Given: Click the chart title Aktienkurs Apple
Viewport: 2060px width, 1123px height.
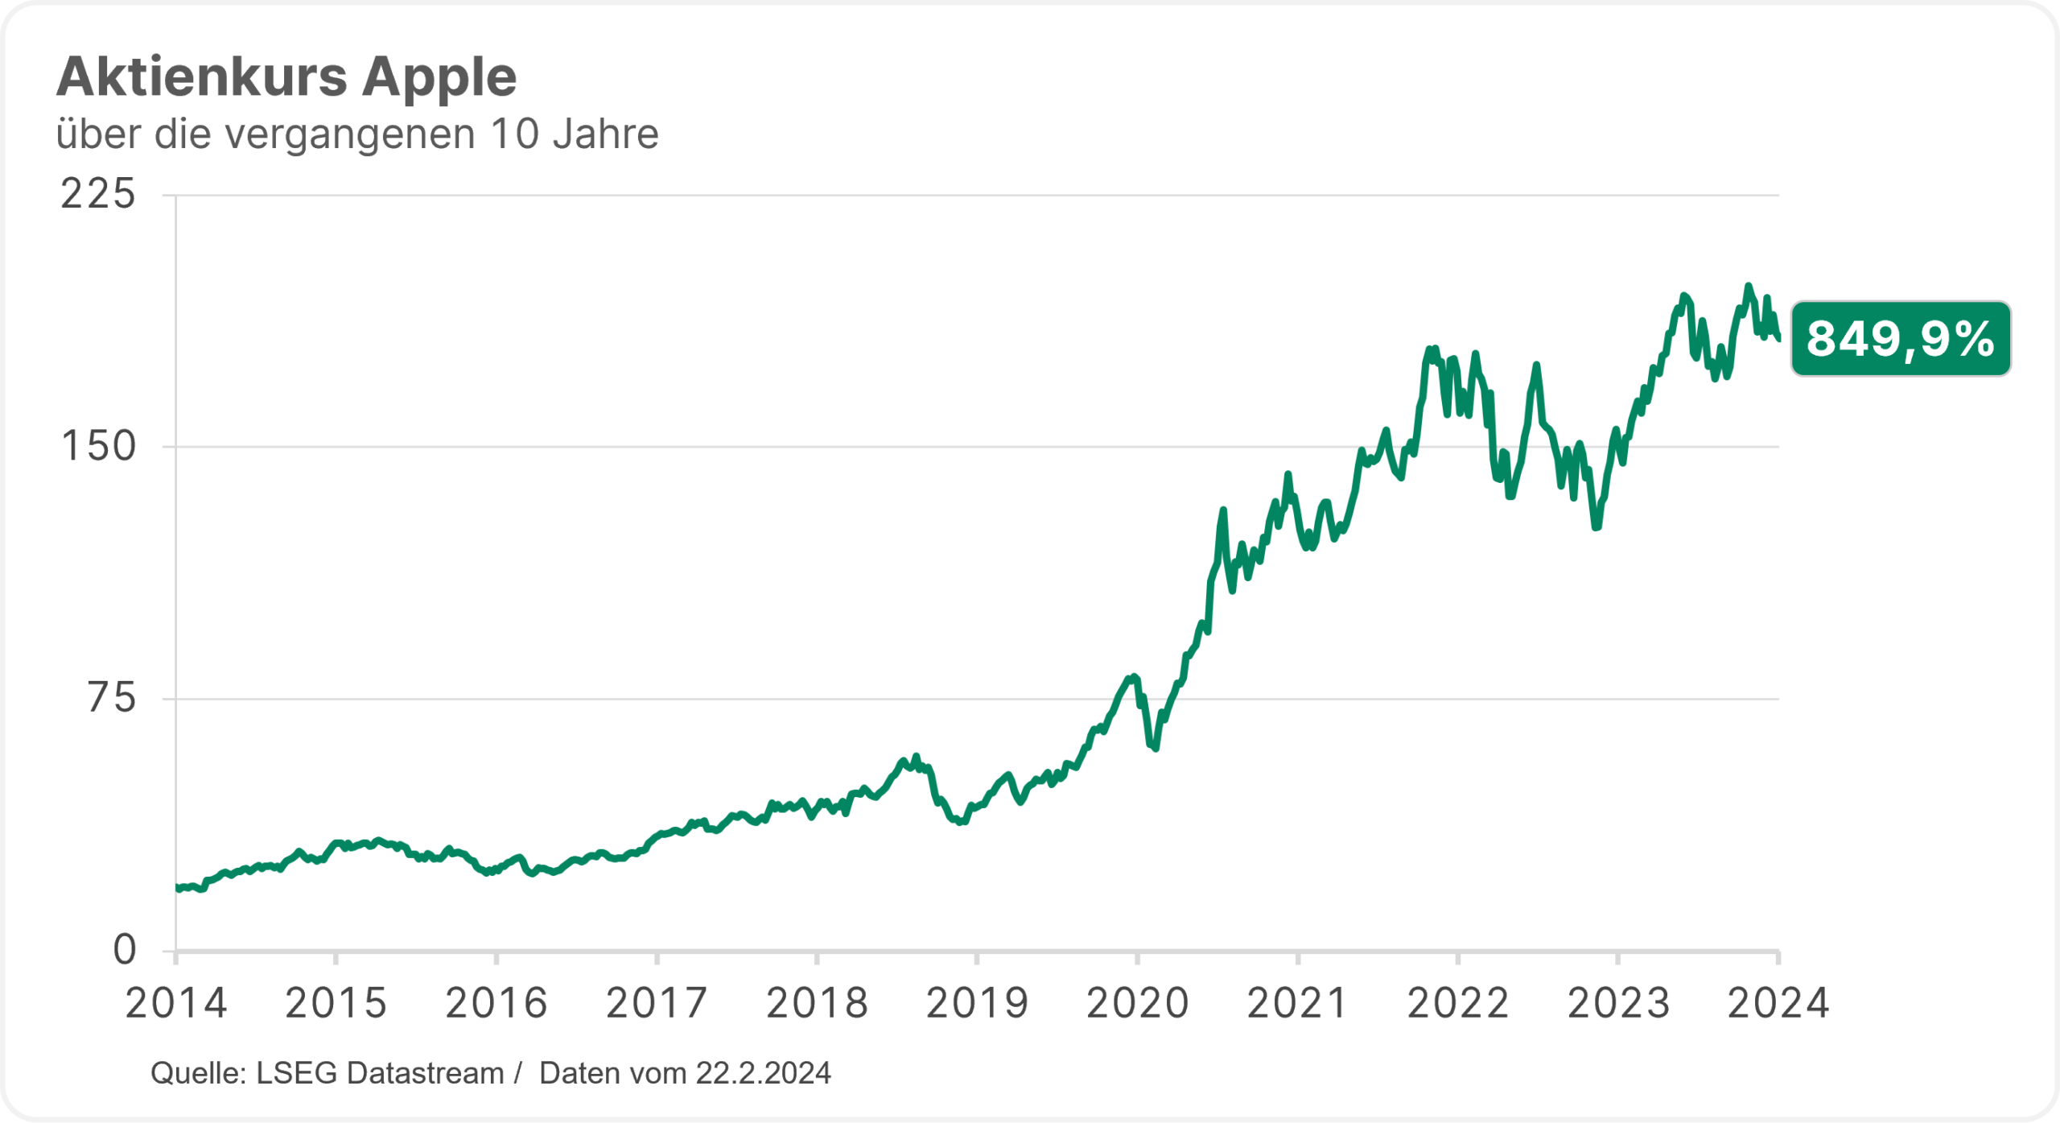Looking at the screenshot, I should pos(286,77).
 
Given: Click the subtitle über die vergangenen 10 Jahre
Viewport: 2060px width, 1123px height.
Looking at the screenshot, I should pos(357,134).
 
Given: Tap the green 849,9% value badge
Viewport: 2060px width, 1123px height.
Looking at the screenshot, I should pos(1900,339).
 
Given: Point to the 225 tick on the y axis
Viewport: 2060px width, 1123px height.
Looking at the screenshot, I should pos(98,195).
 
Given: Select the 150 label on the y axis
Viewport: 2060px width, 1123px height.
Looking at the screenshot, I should pos(98,447).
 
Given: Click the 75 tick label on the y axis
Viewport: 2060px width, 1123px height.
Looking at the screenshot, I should pos(111,698).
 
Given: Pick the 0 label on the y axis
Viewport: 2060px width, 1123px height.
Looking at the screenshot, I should pos(125,951).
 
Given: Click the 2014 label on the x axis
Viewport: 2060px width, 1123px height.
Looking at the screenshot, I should pos(176,1004).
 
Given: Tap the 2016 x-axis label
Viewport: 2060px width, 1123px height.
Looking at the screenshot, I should pos(496,1004).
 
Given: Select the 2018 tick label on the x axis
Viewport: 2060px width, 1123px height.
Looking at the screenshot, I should pos(817,1004).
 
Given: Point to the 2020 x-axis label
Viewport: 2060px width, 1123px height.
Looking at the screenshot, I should pos(1137,1004).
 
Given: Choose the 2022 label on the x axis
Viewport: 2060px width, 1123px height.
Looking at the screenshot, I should pos(1457,1004).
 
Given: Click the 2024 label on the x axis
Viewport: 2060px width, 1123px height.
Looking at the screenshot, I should pos(1778,1004).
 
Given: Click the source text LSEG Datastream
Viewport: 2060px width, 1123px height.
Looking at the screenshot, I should pos(380,1074).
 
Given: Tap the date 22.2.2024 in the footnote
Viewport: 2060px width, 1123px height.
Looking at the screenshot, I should pos(763,1074).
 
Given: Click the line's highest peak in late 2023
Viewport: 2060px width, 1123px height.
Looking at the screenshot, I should pos(1747,286).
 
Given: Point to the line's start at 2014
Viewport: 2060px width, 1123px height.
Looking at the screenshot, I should pos(177,887).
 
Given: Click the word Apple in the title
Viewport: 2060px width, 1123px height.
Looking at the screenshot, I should pos(439,77).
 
